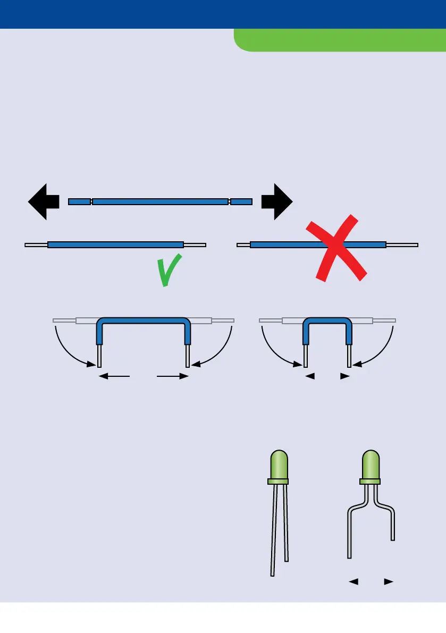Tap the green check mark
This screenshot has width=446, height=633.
(170, 271)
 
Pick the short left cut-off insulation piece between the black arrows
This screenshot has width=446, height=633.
(79, 201)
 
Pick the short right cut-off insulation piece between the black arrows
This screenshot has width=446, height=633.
(241, 201)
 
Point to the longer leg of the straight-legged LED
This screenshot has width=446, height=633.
(274, 531)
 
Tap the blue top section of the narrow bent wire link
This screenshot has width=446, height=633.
(326, 320)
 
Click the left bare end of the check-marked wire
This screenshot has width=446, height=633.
(36, 245)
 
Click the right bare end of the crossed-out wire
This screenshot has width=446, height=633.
(402, 245)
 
